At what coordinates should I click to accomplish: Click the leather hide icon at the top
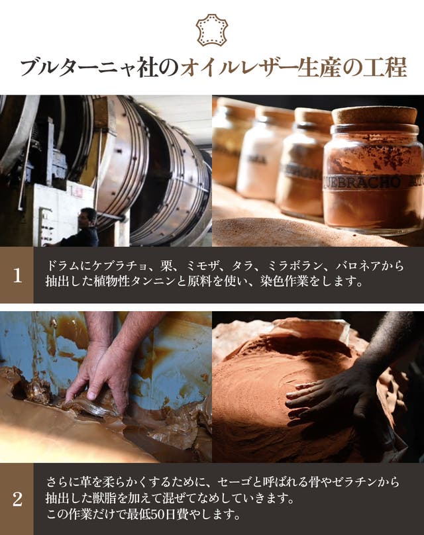tap(211, 30)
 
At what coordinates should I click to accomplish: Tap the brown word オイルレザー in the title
tap(239, 68)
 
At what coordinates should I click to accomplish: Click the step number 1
tap(17, 275)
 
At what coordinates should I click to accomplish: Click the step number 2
tap(17, 499)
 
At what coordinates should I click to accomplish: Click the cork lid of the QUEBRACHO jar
tap(375, 115)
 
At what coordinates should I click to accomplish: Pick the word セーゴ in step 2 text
tap(234, 482)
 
